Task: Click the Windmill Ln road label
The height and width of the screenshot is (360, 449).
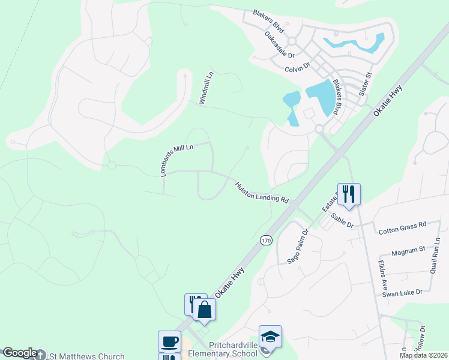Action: coord(206,89)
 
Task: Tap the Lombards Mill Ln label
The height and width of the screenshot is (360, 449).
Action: coord(176,160)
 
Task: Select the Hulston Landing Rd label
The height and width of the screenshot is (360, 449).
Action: coord(262,193)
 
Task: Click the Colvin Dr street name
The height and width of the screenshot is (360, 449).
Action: coord(297,67)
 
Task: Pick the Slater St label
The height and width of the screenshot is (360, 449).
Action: coord(366,84)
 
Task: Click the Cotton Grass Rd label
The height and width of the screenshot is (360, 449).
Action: coord(402,227)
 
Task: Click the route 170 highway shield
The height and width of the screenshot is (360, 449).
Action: coord(266,240)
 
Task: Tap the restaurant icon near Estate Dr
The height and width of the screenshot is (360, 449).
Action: coord(349,193)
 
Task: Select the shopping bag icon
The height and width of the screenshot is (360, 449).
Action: coord(205,310)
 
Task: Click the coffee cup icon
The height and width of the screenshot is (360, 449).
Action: coord(169,341)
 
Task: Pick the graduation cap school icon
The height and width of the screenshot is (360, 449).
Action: coord(270,336)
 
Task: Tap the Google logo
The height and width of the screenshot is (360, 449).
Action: coord(19,353)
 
